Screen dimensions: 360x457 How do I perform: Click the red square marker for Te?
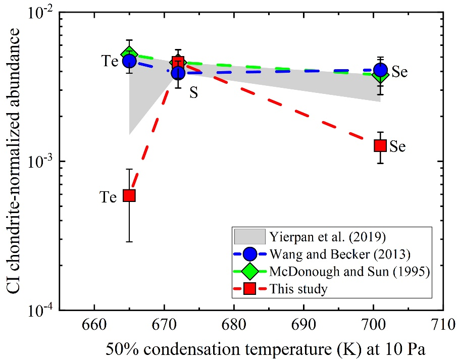pos(129,195)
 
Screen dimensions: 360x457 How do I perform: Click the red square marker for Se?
pos(380,145)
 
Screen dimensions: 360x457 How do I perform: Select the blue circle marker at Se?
pos(381,70)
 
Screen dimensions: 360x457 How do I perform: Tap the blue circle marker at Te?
pos(129,61)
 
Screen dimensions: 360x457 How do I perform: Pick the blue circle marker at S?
pos(178,73)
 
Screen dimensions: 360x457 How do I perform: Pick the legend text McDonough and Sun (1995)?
pos(341,271)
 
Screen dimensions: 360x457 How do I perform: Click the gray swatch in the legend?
pos(250,236)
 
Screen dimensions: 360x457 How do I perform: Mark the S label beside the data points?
pos(193,93)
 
